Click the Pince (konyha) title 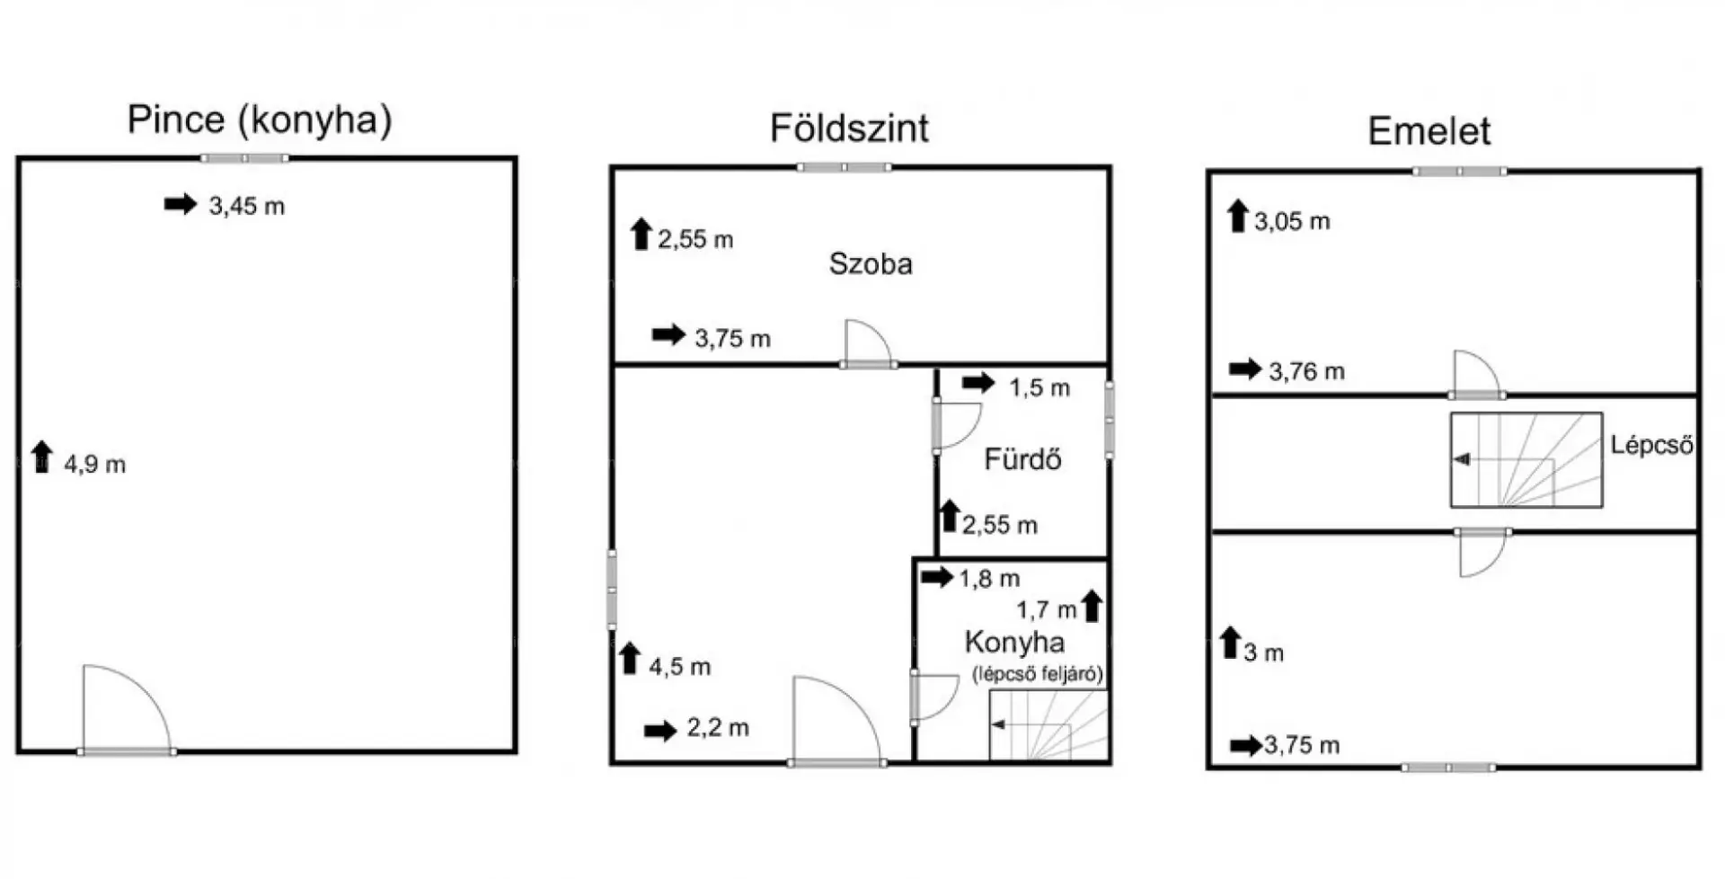tap(260, 120)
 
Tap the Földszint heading tap(849, 129)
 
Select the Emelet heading tap(1429, 131)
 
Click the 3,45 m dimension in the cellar tap(246, 206)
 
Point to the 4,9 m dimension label tap(94, 465)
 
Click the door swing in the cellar tap(144, 692)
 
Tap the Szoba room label tap(871, 264)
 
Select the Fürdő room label tap(1022, 459)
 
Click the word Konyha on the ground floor tap(1014, 642)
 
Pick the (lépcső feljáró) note tap(1038, 674)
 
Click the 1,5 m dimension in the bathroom tap(1039, 388)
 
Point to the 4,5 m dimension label tap(679, 667)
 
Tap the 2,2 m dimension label tap(718, 728)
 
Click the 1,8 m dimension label tap(989, 579)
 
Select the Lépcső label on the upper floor tap(1651, 445)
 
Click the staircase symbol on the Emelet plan tap(1526, 460)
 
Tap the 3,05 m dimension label tap(1292, 221)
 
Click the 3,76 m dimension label tap(1306, 371)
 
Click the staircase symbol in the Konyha tap(1048, 725)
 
